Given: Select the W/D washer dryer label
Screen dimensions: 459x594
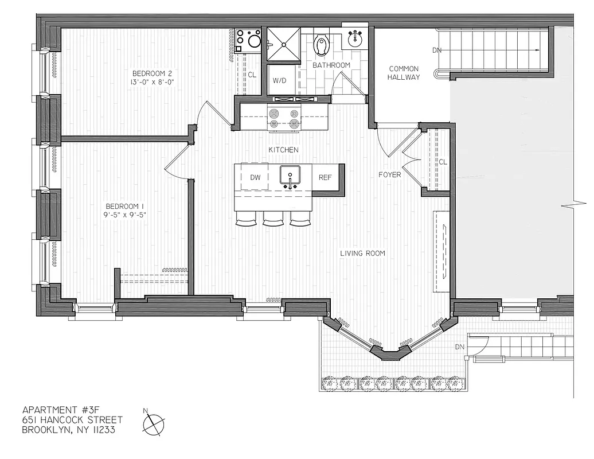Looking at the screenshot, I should [x=280, y=81].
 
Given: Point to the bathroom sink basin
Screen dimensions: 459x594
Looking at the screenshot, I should [x=355, y=38].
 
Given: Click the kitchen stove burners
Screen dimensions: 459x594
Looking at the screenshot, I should [x=284, y=118].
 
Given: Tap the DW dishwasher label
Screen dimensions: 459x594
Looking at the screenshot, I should [x=256, y=177].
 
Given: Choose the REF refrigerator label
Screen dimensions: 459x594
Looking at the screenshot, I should [x=325, y=177].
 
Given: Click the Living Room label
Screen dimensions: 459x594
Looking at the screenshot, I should [x=362, y=253].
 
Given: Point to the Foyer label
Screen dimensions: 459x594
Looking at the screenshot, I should [x=389, y=174].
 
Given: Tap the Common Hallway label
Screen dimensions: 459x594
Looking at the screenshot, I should [x=404, y=73].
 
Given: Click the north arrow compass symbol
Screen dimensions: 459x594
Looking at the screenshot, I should [x=153, y=425].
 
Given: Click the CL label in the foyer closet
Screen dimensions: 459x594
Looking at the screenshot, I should [x=443, y=162].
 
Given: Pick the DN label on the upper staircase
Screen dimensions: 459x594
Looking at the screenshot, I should [x=437, y=50].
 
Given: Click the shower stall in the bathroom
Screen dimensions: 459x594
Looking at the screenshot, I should [x=284, y=44].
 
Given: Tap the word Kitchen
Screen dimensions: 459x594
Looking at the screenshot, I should [x=283, y=150].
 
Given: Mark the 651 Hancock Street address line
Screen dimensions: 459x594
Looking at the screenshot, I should [x=72, y=420].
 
